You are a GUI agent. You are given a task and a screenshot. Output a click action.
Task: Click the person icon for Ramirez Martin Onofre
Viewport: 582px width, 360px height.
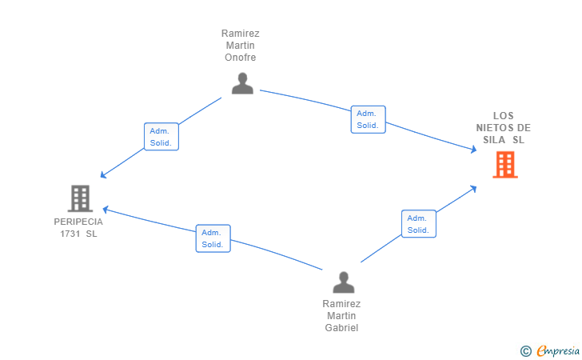[x=242, y=83]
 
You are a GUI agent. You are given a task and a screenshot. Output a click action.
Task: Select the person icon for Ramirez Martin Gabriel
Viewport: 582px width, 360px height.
[x=343, y=282]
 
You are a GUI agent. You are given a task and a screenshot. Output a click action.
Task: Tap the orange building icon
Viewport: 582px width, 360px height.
[x=505, y=165]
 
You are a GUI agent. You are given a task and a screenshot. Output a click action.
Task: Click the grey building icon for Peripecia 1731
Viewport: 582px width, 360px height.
[x=80, y=198]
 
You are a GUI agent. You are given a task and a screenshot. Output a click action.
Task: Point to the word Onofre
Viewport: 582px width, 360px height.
[x=240, y=58]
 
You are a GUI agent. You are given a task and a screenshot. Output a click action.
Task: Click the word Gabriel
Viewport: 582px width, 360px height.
[x=341, y=328]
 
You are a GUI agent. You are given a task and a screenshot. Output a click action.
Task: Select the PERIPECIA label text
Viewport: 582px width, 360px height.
[x=78, y=222]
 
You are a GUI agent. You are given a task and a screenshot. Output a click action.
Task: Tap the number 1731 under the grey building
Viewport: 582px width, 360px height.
[x=70, y=234]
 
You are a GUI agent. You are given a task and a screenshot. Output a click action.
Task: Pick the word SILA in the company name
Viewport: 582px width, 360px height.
[x=494, y=140]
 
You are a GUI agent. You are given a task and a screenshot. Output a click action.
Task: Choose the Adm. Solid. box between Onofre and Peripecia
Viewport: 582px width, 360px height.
[x=161, y=137]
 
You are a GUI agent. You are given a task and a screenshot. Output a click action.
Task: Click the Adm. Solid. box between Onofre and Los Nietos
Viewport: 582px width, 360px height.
[x=369, y=119]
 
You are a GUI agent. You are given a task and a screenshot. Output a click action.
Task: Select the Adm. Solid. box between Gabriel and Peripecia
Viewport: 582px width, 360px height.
[x=213, y=238]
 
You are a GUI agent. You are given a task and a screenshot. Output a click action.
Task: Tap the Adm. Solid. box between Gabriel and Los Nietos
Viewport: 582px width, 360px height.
[x=419, y=224]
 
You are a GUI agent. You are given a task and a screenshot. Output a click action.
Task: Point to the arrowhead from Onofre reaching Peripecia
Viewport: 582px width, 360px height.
[x=103, y=175]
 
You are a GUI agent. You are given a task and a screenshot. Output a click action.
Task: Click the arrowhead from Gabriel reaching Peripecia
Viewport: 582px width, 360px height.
[x=105, y=210]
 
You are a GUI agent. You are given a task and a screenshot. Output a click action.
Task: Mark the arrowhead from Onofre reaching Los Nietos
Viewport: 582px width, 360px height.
[x=474, y=150]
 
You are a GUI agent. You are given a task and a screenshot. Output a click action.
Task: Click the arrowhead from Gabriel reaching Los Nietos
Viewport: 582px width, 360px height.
[x=473, y=189]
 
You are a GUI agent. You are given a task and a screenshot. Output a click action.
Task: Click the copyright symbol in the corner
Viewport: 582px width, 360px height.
[x=525, y=351]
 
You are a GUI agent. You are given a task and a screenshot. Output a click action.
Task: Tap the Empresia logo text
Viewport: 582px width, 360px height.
[x=558, y=350]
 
